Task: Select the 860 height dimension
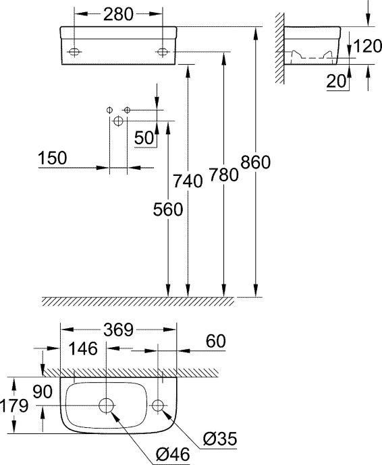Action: (256, 163)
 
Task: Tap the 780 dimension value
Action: (224, 175)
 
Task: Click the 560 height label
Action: (167, 210)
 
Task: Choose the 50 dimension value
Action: (144, 137)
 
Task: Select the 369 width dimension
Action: (118, 330)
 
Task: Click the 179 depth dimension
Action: (13, 406)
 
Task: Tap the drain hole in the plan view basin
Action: (107, 406)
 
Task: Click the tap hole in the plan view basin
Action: (159, 406)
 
